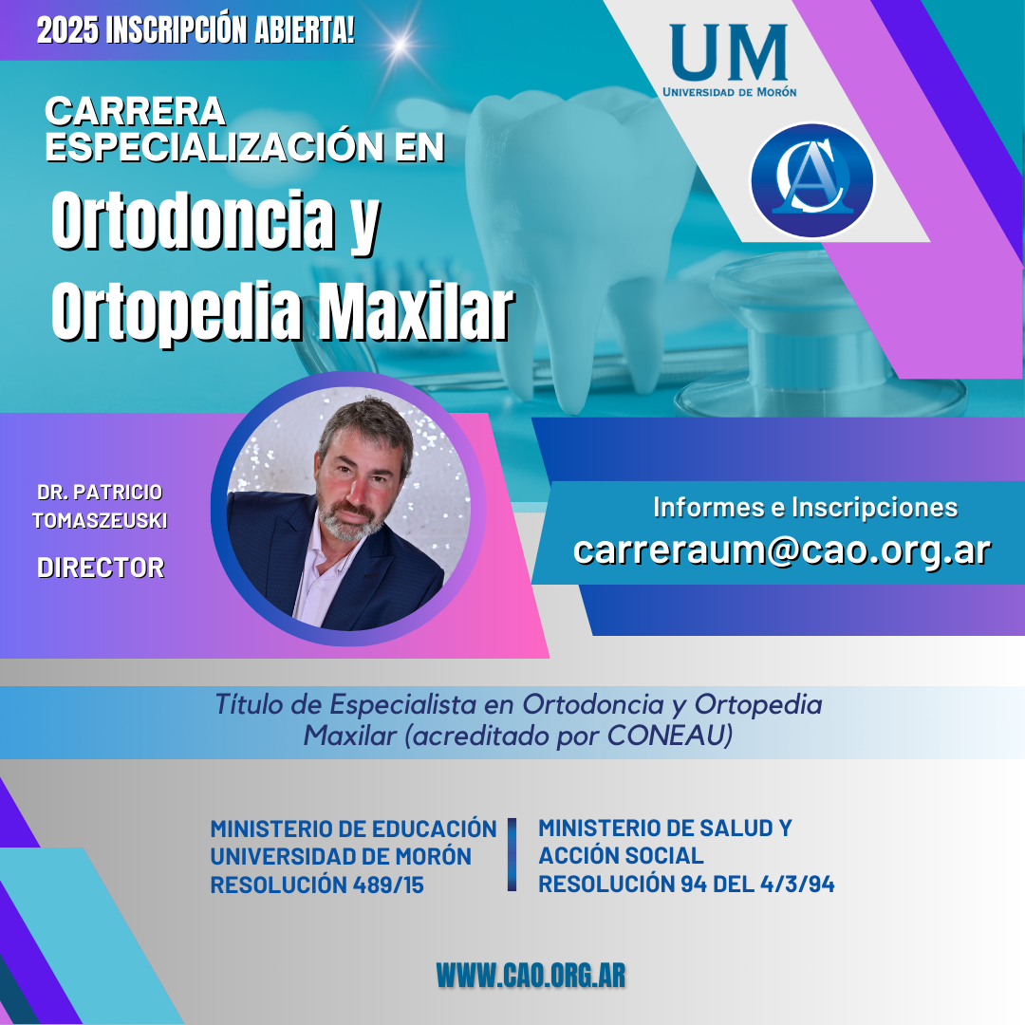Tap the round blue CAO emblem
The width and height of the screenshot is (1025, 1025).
(811, 179)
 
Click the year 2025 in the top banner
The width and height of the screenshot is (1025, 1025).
(67, 30)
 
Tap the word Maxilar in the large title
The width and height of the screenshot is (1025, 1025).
(416, 312)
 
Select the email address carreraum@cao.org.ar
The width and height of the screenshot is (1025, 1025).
(782, 550)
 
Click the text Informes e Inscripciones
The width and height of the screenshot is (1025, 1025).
(806, 507)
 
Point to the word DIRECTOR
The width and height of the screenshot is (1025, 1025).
(101, 568)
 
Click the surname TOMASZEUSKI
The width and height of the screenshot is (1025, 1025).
(100, 520)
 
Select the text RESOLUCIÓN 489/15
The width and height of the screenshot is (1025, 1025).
(317, 885)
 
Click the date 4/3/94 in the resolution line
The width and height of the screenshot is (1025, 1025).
(797, 884)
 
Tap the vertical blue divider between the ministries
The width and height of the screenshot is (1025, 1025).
(512, 854)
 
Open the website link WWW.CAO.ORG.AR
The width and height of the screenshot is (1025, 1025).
(531, 976)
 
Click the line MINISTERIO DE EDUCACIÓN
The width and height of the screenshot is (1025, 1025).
(354, 829)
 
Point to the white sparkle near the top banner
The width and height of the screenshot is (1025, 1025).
(401, 46)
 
